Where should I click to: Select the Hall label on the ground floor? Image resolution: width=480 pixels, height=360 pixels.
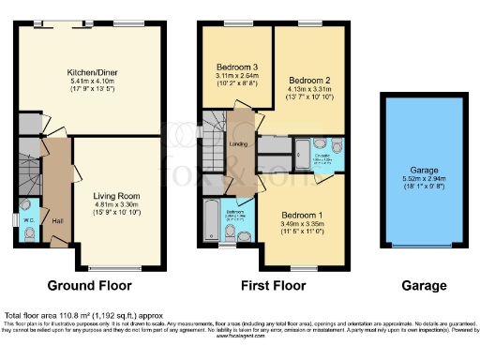[x=57, y=221]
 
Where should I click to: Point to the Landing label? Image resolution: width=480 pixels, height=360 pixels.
[x=238, y=143]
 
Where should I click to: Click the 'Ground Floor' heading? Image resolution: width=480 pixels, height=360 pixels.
[x=89, y=285]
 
